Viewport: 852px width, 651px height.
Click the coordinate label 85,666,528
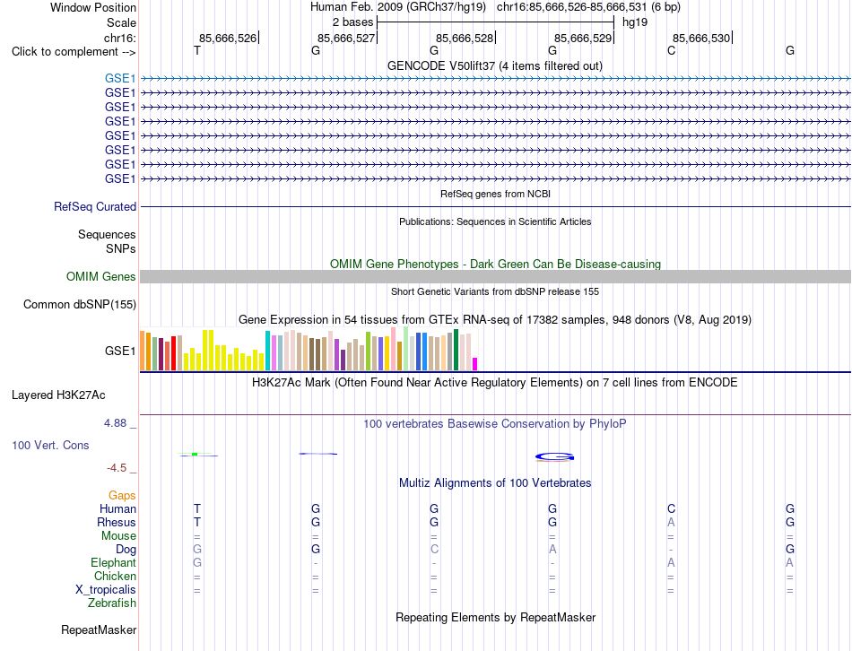(465, 38)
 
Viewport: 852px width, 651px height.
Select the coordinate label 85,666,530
(701, 38)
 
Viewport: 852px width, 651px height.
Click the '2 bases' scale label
(353, 22)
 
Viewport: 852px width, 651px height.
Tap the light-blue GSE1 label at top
(120, 78)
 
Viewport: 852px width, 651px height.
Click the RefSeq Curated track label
(95, 206)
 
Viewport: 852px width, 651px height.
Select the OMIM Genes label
(101, 276)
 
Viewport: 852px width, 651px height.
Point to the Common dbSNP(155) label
(80, 304)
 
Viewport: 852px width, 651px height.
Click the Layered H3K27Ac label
(58, 395)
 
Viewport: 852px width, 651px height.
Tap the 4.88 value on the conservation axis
(115, 422)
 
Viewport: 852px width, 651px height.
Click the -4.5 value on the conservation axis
(117, 468)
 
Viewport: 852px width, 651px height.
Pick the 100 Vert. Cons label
(50, 445)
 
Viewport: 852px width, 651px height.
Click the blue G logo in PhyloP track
(554, 457)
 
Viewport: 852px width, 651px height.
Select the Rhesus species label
(117, 522)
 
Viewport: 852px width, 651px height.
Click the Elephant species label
(114, 562)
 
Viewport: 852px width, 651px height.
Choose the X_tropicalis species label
(106, 590)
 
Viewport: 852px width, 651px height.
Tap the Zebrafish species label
(112, 603)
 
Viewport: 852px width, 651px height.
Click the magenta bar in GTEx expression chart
(475, 364)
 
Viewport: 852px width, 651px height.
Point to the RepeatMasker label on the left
(99, 629)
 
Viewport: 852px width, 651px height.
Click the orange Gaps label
(122, 495)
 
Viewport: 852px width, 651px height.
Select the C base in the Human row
(671, 508)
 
